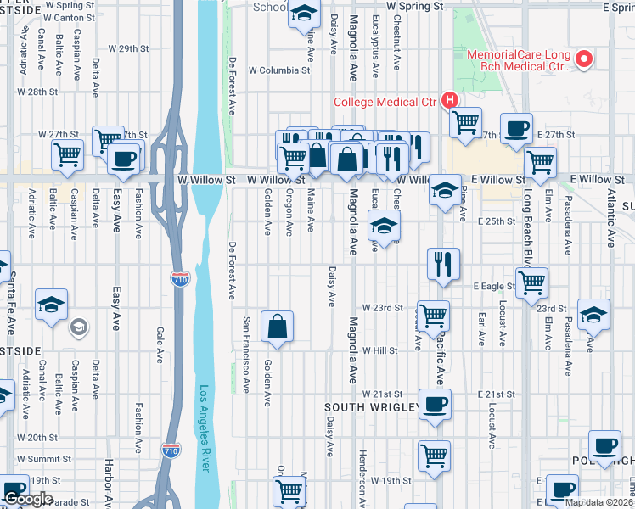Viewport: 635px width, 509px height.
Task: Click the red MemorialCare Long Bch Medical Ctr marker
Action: (583, 59)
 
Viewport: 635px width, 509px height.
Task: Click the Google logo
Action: (27, 499)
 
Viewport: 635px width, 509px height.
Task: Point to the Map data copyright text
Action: (599, 502)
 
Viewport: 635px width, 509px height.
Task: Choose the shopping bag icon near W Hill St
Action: (277, 327)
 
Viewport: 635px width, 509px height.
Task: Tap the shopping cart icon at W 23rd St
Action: (433, 316)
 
